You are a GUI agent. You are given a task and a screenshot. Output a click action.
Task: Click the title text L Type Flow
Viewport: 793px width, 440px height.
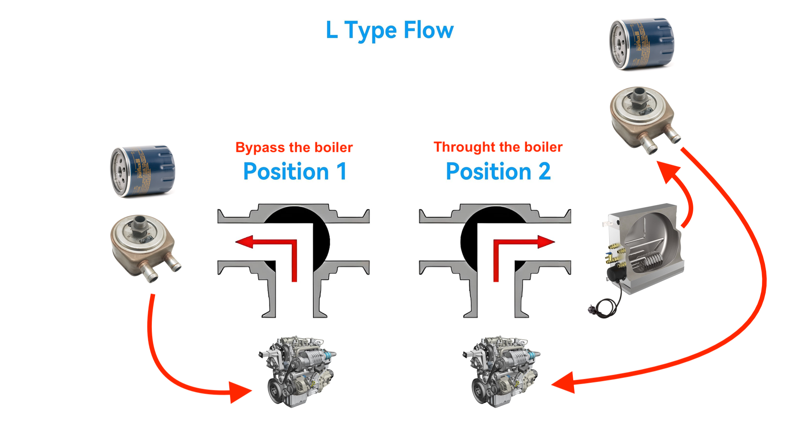[389, 30]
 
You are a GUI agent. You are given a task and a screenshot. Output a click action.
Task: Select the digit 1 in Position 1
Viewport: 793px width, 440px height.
[341, 171]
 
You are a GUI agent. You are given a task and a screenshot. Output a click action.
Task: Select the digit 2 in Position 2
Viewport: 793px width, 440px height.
[544, 171]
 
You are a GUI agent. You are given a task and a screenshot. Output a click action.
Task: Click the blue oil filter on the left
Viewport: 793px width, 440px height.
[143, 170]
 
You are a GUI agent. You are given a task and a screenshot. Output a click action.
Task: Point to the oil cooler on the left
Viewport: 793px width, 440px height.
[143, 246]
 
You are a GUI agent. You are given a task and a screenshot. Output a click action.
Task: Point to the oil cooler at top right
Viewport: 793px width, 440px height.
[643, 118]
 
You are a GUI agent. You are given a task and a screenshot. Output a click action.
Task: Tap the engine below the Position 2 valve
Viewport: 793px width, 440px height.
[501, 371]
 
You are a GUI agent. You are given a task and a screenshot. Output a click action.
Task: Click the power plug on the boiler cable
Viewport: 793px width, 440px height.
[593, 309]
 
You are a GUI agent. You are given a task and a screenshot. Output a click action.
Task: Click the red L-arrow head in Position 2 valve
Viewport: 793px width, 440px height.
[546, 242]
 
